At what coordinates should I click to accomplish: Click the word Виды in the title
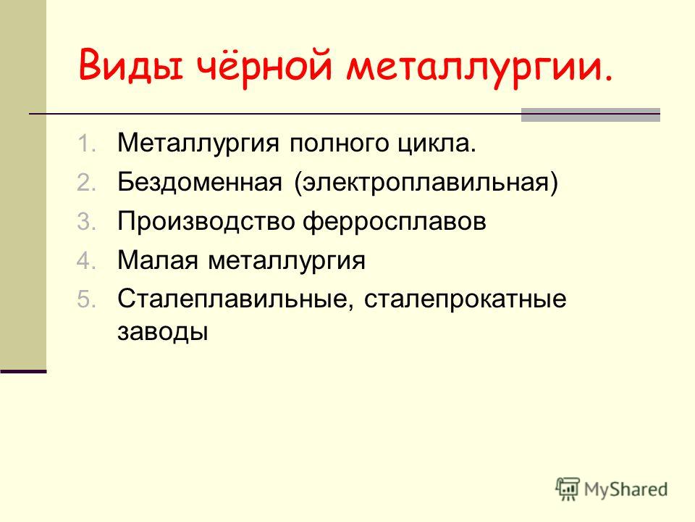point(131,64)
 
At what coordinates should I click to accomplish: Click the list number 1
point(86,144)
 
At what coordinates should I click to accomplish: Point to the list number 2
point(86,183)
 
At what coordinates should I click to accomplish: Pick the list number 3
point(86,222)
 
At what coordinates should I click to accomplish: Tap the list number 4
point(86,260)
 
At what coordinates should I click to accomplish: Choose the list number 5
point(86,299)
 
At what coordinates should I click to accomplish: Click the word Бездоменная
point(200,183)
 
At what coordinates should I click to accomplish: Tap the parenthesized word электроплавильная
point(426,183)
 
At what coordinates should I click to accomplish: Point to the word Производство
point(206,222)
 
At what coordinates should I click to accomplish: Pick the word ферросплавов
point(395,222)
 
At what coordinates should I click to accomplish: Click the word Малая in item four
point(158,260)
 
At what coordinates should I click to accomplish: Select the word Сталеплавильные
point(232,299)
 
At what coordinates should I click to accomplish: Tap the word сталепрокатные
point(465,300)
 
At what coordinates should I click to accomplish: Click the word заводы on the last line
point(163,332)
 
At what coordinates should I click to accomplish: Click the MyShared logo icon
point(568,489)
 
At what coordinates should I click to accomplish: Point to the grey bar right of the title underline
point(591,115)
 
